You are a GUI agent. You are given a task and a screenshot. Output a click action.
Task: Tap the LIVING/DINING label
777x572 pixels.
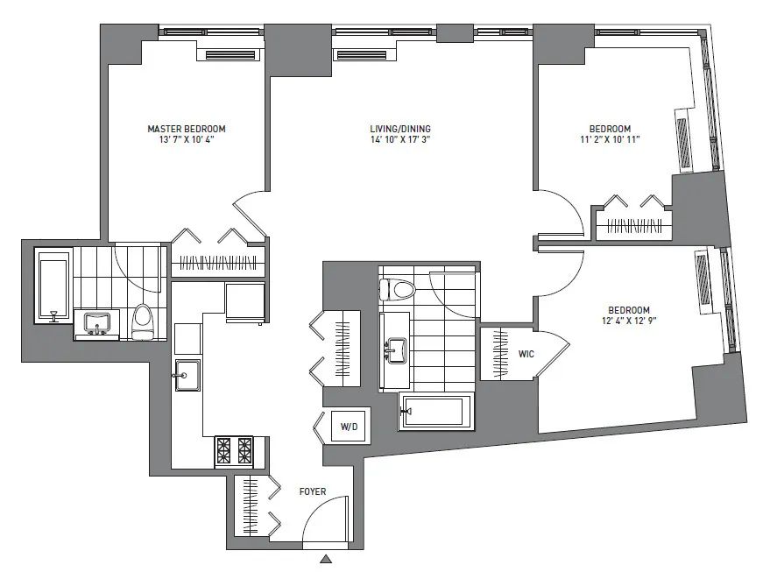pyautogui.click(x=399, y=129)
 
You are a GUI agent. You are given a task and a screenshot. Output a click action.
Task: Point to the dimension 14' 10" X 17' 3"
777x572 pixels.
pyautogui.click(x=399, y=140)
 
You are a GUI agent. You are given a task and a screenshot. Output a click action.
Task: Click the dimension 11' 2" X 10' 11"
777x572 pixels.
pyautogui.click(x=610, y=140)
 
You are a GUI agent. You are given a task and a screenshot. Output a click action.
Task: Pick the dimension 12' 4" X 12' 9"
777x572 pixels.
pyautogui.click(x=629, y=321)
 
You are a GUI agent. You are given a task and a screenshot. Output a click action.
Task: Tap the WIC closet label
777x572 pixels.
pyautogui.click(x=526, y=355)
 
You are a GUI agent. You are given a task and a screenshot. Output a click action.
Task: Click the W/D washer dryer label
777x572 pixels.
pyautogui.click(x=350, y=427)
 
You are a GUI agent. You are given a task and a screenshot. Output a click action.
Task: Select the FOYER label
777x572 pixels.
pyautogui.click(x=312, y=491)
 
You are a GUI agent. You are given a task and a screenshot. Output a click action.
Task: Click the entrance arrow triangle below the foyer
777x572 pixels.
pyautogui.click(x=327, y=558)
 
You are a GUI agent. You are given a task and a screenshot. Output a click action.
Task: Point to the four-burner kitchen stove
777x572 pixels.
pyautogui.click(x=234, y=451)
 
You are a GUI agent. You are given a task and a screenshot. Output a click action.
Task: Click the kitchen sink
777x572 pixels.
pyautogui.click(x=187, y=376)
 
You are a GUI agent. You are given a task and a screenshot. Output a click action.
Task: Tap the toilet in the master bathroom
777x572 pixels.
pyautogui.click(x=144, y=321)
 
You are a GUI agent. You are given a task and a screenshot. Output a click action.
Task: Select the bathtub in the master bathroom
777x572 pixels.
pyautogui.click(x=53, y=286)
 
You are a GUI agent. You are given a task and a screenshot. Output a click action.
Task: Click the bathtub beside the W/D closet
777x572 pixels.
pyautogui.click(x=434, y=411)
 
